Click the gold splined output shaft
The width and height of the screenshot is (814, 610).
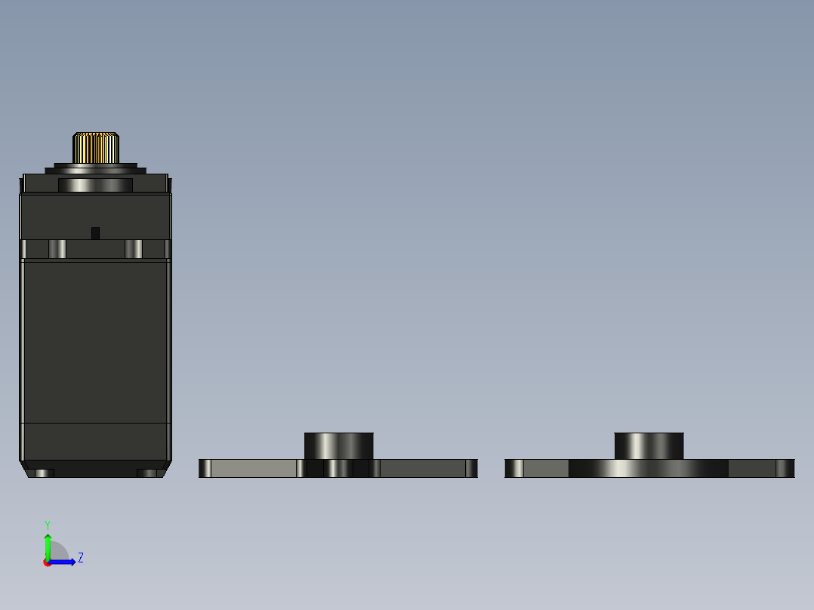click(96, 148)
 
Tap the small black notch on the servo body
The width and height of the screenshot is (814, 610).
click(95, 233)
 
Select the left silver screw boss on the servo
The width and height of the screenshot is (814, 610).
click(57, 249)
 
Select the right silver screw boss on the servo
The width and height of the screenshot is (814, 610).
click(134, 249)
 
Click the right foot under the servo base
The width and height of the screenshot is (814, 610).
click(147, 473)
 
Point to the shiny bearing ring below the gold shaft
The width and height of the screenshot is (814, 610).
click(95, 185)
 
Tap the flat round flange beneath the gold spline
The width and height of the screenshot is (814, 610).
click(95, 168)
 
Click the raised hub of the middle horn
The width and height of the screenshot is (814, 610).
click(338, 445)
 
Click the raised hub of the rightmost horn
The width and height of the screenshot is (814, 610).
click(649, 445)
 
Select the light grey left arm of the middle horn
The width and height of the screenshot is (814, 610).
click(253, 469)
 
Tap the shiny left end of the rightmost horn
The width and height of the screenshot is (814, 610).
click(514, 469)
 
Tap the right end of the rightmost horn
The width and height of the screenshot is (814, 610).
click(785, 469)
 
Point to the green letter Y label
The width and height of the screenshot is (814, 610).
click(47, 524)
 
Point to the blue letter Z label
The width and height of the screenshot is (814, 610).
click(81, 558)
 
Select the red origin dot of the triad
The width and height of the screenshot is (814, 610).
click(48, 562)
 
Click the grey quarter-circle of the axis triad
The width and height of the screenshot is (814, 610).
click(59, 552)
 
